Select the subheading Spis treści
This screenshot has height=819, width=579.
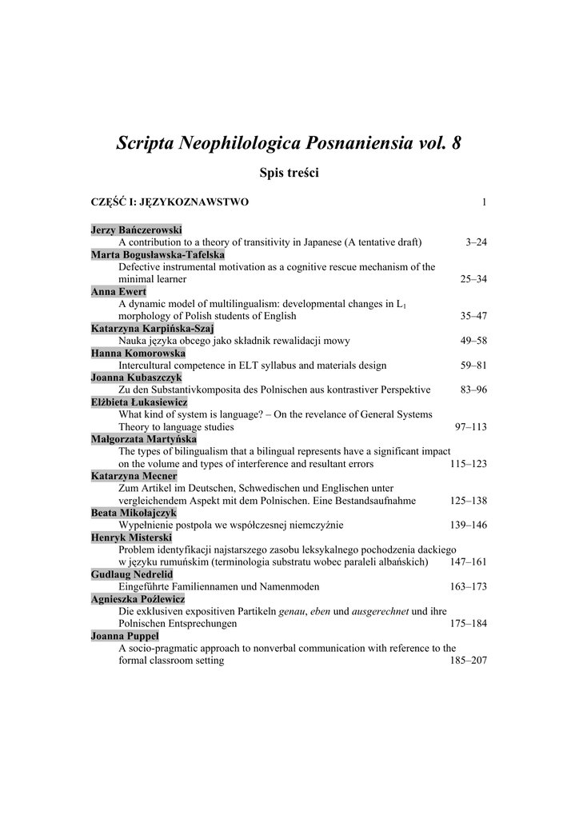pyautogui.click(x=289, y=173)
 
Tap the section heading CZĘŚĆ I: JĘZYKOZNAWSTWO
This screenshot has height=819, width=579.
pyautogui.click(x=170, y=202)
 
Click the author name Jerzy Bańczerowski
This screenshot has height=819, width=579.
pyautogui.click(x=137, y=230)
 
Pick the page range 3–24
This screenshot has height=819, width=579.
pyautogui.click(x=476, y=242)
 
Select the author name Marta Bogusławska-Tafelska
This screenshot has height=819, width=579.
pyautogui.click(x=158, y=255)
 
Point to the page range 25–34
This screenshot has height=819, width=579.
pyautogui.click(x=473, y=279)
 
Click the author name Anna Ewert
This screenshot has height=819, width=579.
pyautogui.click(x=119, y=292)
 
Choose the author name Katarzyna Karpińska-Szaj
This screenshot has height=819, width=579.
pyautogui.click(x=153, y=329)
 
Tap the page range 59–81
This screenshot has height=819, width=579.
pyautogui.click(x=473, y=366)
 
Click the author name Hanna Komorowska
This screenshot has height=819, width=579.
pyautogui.click(x=138, y=354)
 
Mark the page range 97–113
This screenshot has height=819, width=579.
pyautogui.click(x=471, y=427)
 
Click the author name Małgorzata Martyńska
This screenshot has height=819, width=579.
pyautogui.click(x=144, y=439)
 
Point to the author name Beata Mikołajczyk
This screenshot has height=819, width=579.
pyautogui.click(x=134, y=513)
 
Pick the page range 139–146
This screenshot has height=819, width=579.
pyautogui.click(x=469, y=525)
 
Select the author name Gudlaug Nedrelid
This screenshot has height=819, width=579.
pyautogui.click(x=132, y=575)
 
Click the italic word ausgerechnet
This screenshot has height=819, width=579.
pyautogui.click(x=380, y=612)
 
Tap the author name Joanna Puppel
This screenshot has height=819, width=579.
pyautogui.click(x=125, y=637)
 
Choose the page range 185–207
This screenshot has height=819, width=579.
pyautogui.click(x=469, y=661)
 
